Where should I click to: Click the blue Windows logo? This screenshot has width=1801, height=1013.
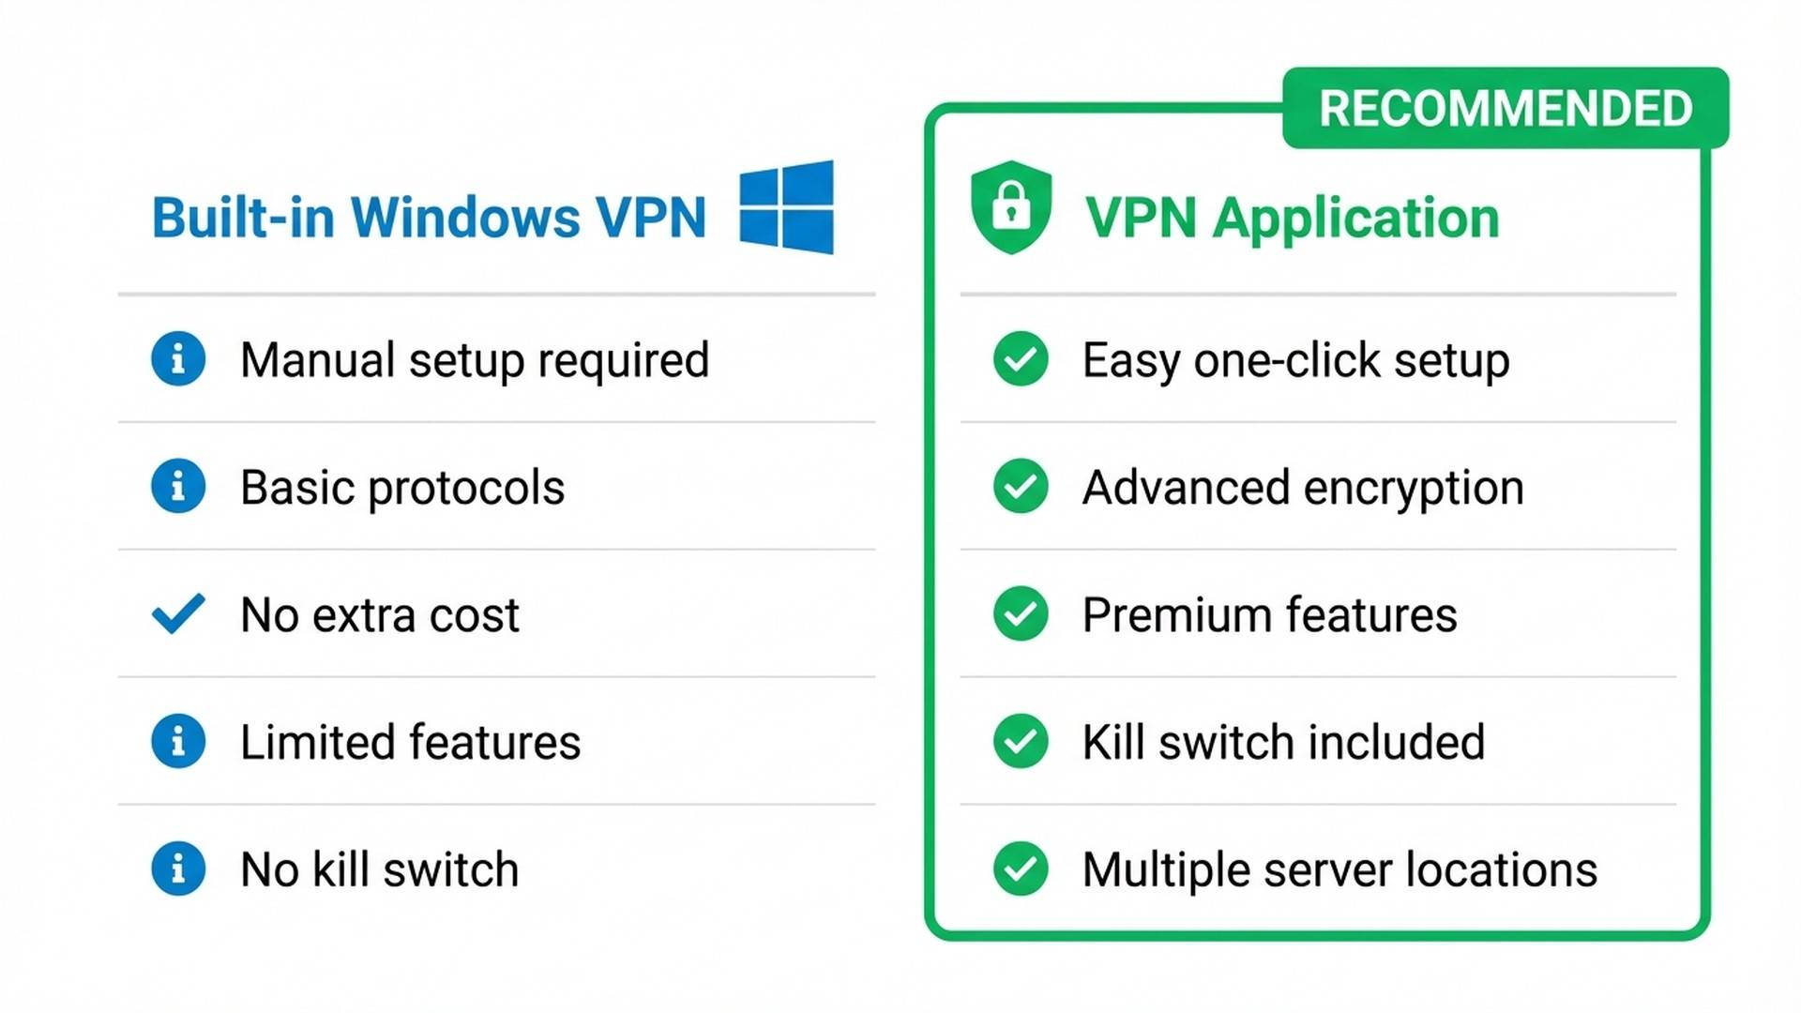786,207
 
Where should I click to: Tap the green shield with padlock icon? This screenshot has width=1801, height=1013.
1010,207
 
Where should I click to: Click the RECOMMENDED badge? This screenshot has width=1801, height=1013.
1505,108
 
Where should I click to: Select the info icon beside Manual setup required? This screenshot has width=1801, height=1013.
178,358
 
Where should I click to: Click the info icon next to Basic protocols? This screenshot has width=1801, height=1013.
178,486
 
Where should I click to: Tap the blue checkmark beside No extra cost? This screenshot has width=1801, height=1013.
178,613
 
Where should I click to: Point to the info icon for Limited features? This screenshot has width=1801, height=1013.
178,741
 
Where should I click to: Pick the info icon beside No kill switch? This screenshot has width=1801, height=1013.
178,869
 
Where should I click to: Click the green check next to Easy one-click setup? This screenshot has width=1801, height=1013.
1021,358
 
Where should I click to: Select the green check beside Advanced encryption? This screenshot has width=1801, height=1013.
1021,486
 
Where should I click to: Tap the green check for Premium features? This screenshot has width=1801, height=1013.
1021,613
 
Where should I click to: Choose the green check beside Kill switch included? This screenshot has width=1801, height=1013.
1021,741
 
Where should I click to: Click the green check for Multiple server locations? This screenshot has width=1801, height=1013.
1021,869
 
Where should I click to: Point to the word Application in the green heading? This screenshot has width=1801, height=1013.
1355,219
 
